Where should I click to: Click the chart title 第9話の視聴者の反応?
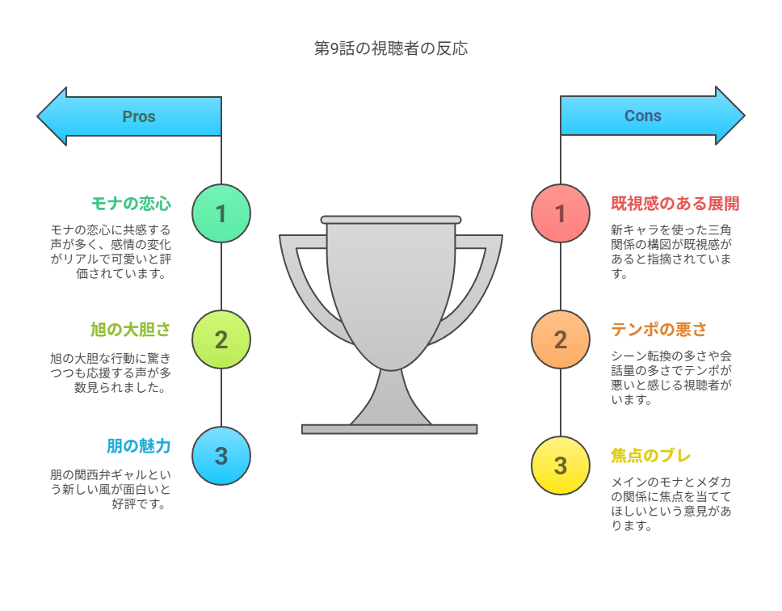[x=391, y=48]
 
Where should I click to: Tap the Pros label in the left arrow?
[x=139, y=116]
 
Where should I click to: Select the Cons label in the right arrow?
[x=643, y=116]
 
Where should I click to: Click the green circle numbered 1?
[x=221, y=213]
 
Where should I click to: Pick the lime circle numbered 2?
[x=221, y=339]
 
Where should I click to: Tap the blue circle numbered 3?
[x=221, y=456]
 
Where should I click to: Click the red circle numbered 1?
[x=561, y=213]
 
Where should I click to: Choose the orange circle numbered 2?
[x=561, y=339]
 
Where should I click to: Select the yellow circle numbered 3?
[x=561, y=466]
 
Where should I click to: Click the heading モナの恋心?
[x=131, y=204]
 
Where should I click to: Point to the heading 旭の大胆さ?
[x=131, y=330]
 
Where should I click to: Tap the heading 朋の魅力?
[x=139, y=446]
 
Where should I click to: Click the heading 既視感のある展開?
[x=675, y=204]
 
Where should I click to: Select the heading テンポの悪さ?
[x=659, y=330]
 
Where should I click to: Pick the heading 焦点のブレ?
[x=651, y=456]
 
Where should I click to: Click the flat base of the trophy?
[x=389, y=429]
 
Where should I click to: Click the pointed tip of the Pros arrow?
[x=38, y=116]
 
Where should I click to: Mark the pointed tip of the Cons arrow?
[x=744, y=116]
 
